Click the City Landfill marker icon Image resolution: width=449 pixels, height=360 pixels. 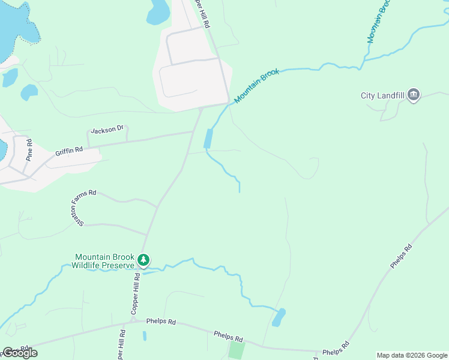[x=413, y=95]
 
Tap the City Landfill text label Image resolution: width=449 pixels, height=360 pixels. [x=382, y=95]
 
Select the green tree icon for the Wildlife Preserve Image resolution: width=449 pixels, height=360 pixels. [x=143, y=260]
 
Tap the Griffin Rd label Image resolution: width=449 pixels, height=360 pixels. [x=69, y=152]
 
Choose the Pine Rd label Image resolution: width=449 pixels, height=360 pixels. [x=28, y=150]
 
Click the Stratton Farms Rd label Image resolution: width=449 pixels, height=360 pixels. [x=77, y=208]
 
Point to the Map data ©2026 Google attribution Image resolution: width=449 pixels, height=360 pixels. [x=411, y=355]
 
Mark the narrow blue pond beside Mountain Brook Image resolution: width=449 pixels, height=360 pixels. [x=208, y=139]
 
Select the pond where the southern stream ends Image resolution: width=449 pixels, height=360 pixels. [x=279, y=317]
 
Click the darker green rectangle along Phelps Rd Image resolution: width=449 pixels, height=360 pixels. [x=237, y=350]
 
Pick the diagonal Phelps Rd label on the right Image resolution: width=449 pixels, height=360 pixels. [x=400, y=256]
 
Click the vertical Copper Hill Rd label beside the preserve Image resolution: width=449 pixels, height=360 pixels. [x=136, y=292]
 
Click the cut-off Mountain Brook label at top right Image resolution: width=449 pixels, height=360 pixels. [x=379, y=22]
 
